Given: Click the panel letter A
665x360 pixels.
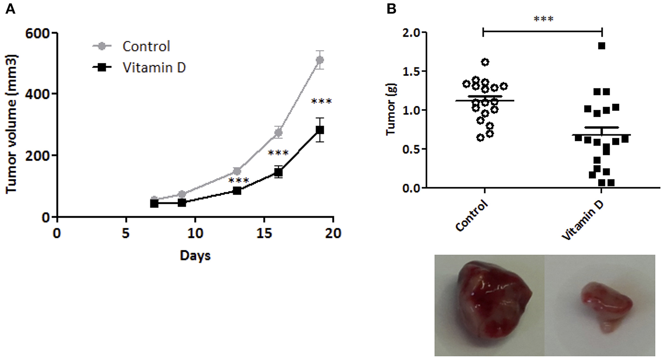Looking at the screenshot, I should pos(10,8).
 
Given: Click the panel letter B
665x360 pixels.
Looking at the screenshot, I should pos(391,8).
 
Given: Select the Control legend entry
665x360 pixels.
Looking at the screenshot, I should pos(146,46).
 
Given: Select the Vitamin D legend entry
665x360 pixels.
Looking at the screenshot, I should pos(154,68).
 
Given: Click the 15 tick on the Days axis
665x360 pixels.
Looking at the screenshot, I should pos(264,233).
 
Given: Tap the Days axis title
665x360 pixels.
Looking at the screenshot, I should pos(195,256).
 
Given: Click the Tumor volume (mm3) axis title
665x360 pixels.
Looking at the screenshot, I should pos(11,124).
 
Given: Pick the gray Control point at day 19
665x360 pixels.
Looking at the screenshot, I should pos(320,60).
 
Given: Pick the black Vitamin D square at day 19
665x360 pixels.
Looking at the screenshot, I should pos(320,130).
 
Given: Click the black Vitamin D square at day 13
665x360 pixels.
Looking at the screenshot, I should pos(237,191).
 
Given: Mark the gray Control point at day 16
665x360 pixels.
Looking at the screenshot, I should pos(278,132).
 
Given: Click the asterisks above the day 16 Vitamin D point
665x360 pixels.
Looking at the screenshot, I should pos(278,153).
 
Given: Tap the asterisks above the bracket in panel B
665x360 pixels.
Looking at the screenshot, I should pos(543,19).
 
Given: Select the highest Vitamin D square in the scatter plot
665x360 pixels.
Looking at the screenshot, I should pos(601,46).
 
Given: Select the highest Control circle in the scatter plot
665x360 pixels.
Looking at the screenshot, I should pos(485,62).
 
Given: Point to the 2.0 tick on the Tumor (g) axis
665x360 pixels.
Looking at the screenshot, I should pos(411,33).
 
